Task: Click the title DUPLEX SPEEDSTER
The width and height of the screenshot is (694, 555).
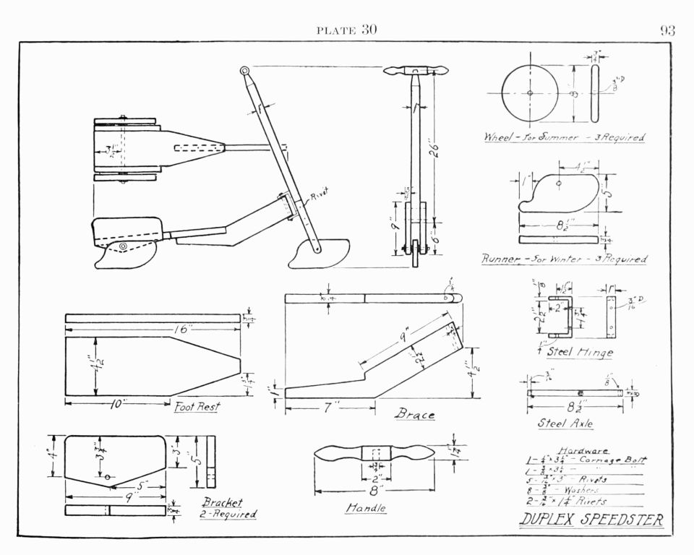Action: tap(591, 520)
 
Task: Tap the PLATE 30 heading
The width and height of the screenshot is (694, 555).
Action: tap(346, 30)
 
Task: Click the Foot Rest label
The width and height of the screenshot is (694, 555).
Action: tap(197, 406)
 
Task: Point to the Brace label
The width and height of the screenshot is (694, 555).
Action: tap(414, 415)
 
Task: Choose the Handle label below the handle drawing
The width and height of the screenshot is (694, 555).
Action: tap(365, 509)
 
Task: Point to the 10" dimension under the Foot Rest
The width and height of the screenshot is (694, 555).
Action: tap(115, 405)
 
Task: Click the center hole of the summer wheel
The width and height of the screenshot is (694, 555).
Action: tap(530, 93)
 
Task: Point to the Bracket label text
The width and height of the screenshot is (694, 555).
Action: tap(223, 502)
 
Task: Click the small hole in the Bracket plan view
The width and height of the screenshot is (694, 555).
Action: tap(108, 477)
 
